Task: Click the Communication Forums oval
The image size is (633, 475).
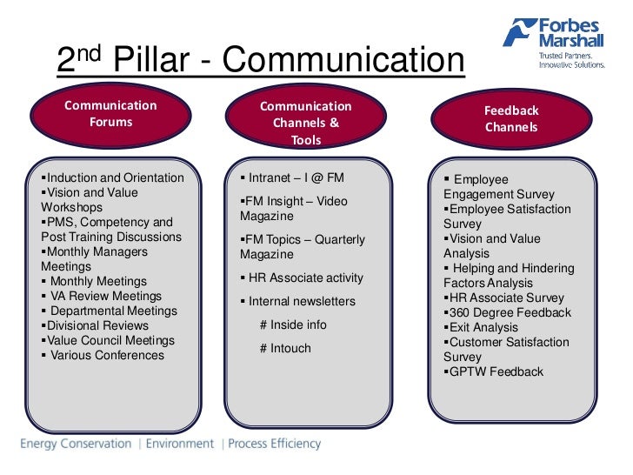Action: [110, 114]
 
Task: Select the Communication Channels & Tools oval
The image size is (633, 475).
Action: [306, 123]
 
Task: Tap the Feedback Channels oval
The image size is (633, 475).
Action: [511, 119]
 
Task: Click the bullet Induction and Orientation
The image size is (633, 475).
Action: [115, 178]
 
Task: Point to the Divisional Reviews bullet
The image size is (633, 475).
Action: [97, 326]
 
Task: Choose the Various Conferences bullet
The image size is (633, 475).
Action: [106, 356]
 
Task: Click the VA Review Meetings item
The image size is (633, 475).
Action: [105, 297]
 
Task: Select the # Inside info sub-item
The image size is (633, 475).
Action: [293, 325]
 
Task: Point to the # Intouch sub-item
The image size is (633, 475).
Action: [285, 349]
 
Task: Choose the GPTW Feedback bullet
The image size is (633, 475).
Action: [495, 372]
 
